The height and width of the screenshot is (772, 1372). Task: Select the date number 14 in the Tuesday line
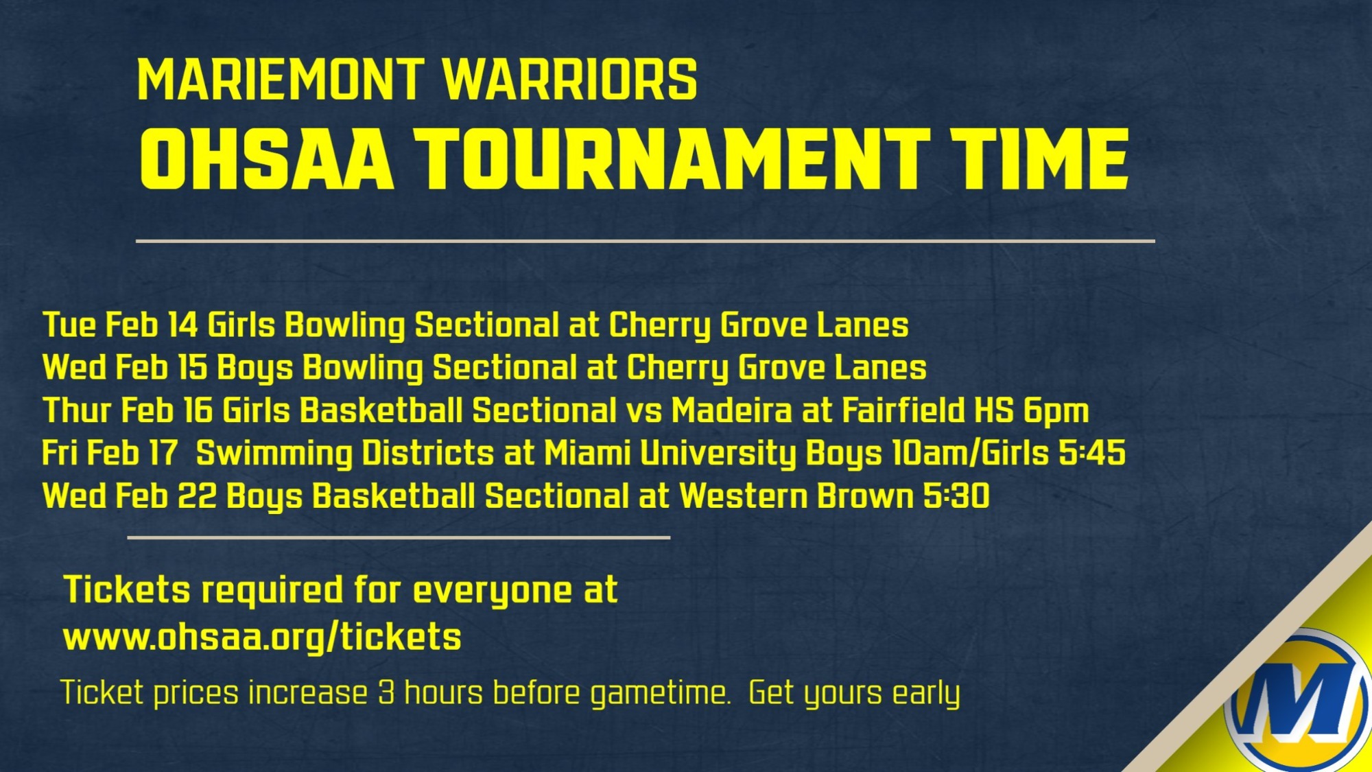[183, 325]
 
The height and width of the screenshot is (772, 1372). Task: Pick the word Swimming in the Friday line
[274, 454]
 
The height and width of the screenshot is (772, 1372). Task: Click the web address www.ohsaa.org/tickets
[262, 637]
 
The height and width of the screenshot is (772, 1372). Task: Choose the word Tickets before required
[127, 589]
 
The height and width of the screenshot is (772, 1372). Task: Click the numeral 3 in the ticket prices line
[386, 692]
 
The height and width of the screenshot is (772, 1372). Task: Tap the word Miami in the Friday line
[587, 453]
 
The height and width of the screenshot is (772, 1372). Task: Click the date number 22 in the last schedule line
[197, 496]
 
